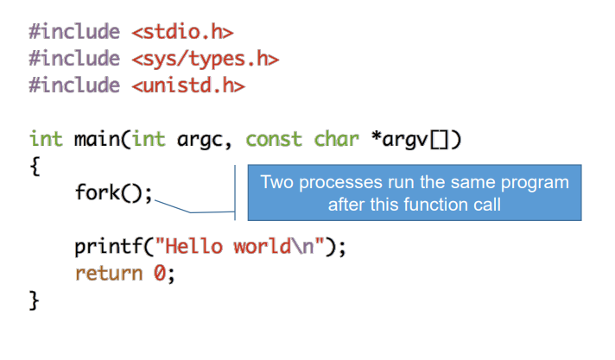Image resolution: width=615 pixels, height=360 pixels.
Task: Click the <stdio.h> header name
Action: (183, 33)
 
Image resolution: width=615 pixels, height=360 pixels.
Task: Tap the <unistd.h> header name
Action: (188, 85)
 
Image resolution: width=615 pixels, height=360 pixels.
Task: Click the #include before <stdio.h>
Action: (74, 33)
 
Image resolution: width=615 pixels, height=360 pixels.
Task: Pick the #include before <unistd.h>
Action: (74, 85)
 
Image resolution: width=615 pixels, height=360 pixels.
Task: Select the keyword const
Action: (274, 139)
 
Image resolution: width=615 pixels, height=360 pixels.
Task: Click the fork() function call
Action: (113, 193)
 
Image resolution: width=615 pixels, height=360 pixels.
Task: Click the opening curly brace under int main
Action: (35, 166)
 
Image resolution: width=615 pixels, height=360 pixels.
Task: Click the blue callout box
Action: (415, 193)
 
